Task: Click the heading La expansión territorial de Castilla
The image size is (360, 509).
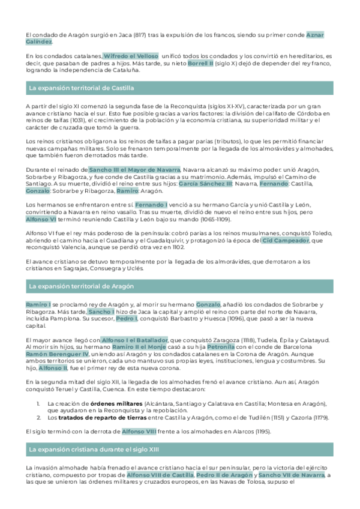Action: tap(81, 88)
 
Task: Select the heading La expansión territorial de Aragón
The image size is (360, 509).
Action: tap(81, 286)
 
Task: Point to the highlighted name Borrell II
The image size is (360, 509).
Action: tap(200, 62)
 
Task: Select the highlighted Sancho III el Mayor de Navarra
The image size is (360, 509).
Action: tap(134, 170)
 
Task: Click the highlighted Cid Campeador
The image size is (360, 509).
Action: tap(286, 240)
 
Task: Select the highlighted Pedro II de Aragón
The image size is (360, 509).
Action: tap(224, 475)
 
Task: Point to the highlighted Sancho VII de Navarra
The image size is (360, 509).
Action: tap(291, 475)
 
